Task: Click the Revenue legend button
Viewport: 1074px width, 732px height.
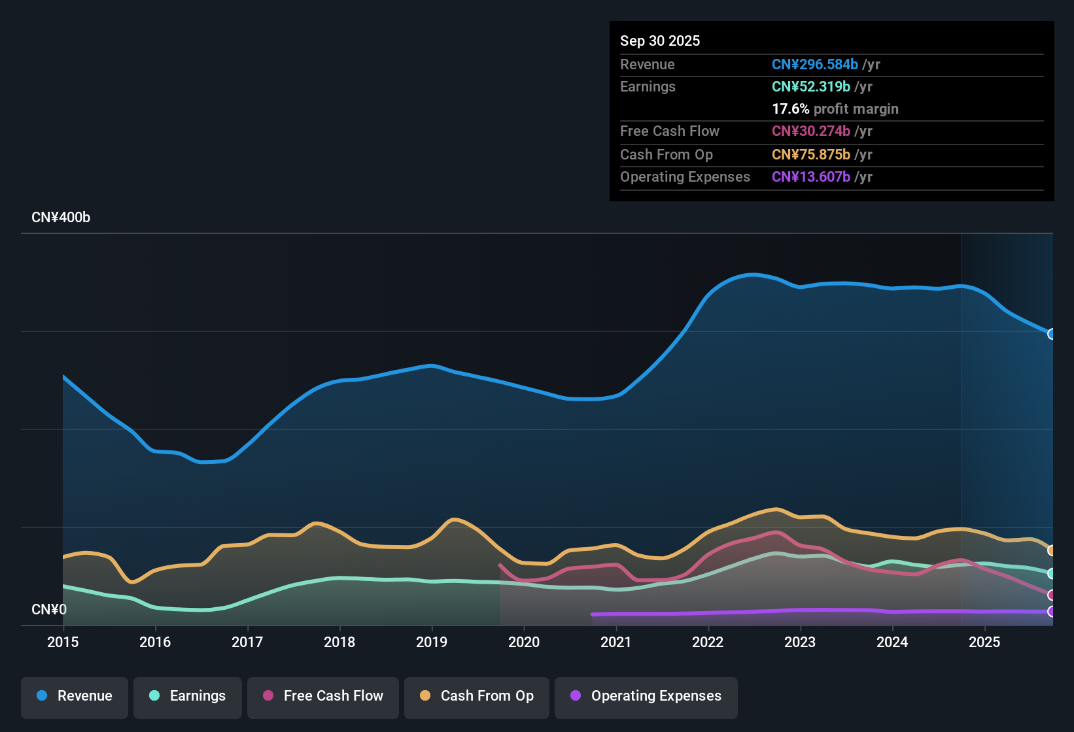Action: [x=75, y=696]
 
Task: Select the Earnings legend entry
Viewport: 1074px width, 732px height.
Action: [x=188, y=696]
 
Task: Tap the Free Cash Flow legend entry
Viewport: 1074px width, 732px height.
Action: [x=323, y=696]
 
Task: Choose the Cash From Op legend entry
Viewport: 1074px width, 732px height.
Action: [x=477, y=696]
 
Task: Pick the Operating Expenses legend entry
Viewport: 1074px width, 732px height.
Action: [x=646, y=696]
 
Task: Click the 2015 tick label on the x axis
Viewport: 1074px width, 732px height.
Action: [x=63, y=642]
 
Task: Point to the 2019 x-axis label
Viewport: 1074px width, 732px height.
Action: [x=432, y=642]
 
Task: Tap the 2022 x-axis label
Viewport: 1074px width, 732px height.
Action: [x=708, y=642]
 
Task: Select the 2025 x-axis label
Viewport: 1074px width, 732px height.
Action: [x=984, y=642]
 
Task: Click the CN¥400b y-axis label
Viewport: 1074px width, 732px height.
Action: [x=61, y=218]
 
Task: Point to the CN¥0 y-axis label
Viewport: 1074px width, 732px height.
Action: [x=49, y=610]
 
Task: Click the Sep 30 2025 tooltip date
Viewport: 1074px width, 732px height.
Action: [x=660, y=41]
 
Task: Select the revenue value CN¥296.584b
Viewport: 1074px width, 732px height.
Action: [x=814, y=65]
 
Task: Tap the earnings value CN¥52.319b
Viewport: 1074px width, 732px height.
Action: [x=810, y=87]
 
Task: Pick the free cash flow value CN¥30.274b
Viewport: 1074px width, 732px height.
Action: [x=810, y=131]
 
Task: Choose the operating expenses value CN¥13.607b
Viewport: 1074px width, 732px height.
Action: [x=810, y=177]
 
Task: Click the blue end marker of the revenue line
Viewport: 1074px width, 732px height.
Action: [x=1052, y=334]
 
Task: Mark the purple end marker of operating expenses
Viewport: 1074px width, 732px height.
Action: [x=1052, y=612]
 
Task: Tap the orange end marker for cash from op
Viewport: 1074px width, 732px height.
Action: [x=1052, y=550]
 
